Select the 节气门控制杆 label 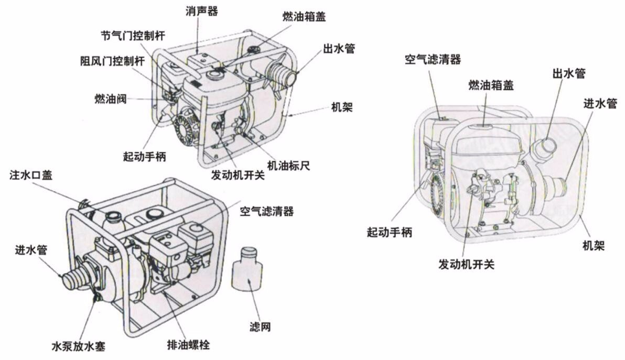coord(133,36)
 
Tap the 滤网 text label coord(260,329)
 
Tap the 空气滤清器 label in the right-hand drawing coord(432,59)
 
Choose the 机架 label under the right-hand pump coord(594,245)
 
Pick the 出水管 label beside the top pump coord(338,49)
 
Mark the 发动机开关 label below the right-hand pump coord(466,265)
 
